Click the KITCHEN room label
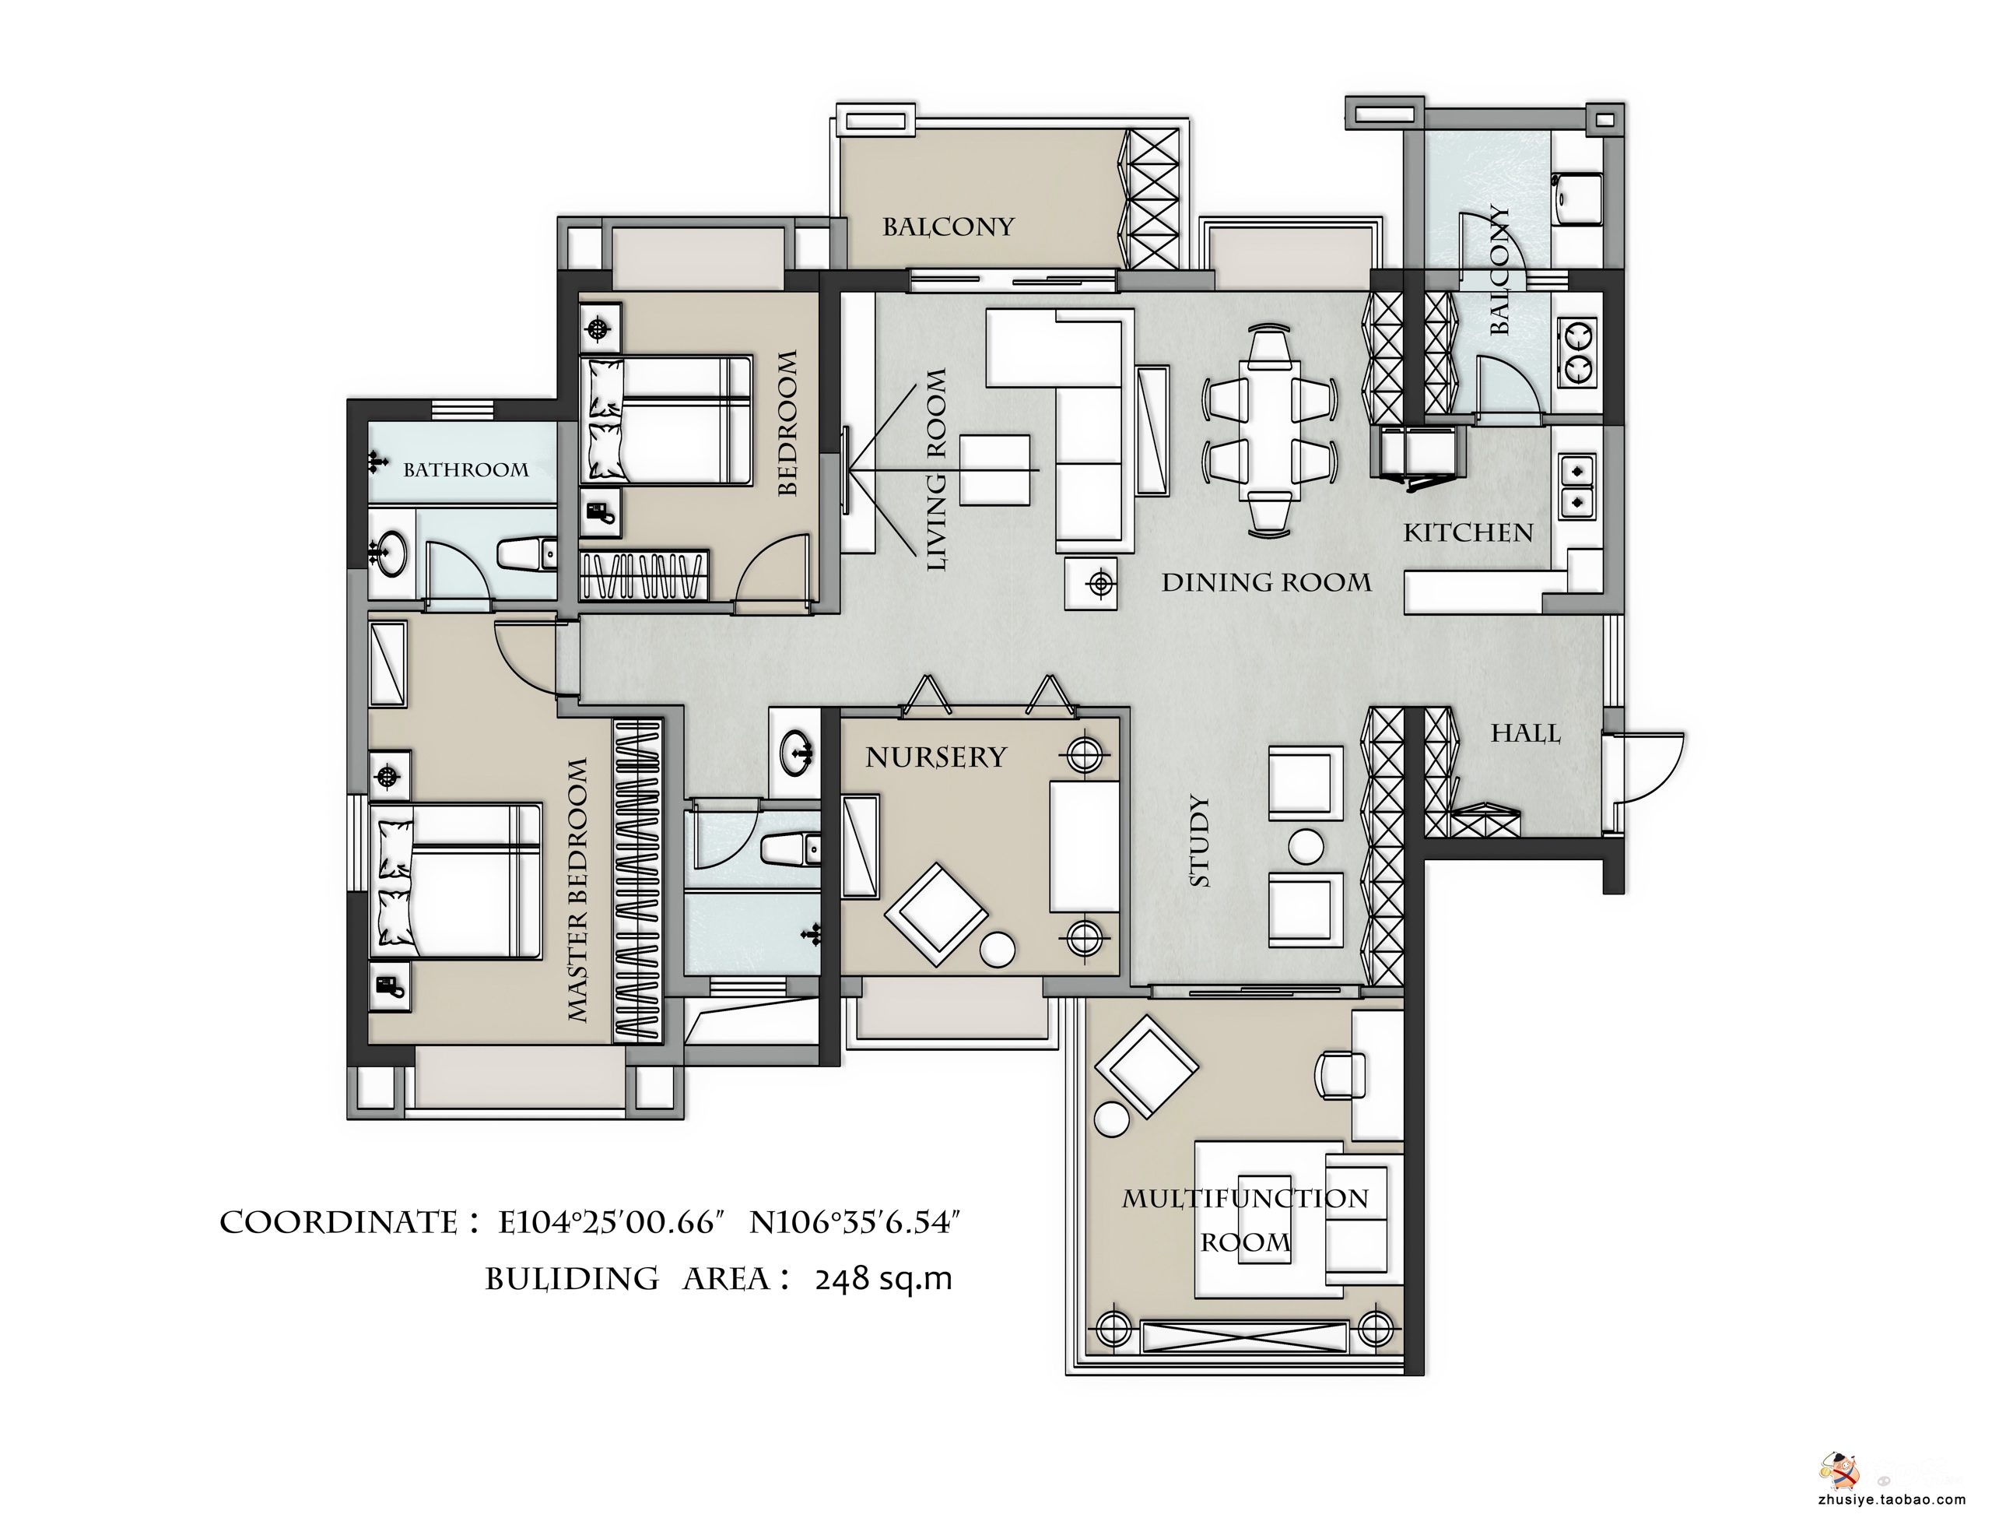coord(1468,533)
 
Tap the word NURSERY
coord(935,757)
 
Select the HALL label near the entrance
coord(1525,733)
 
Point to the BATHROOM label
coord(465,470)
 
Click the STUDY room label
coord(1199,841)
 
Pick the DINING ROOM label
coord(1266,583)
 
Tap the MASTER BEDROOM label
coord(577,890)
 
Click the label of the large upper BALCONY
coord(948,227)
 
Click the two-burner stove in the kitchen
coord(1577,353)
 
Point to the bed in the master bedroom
coord(457,881)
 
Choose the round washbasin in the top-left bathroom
coord(391,552)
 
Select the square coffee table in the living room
coord(995,470)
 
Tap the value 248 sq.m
coord(883,1280)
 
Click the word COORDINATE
coord(338,1223)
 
